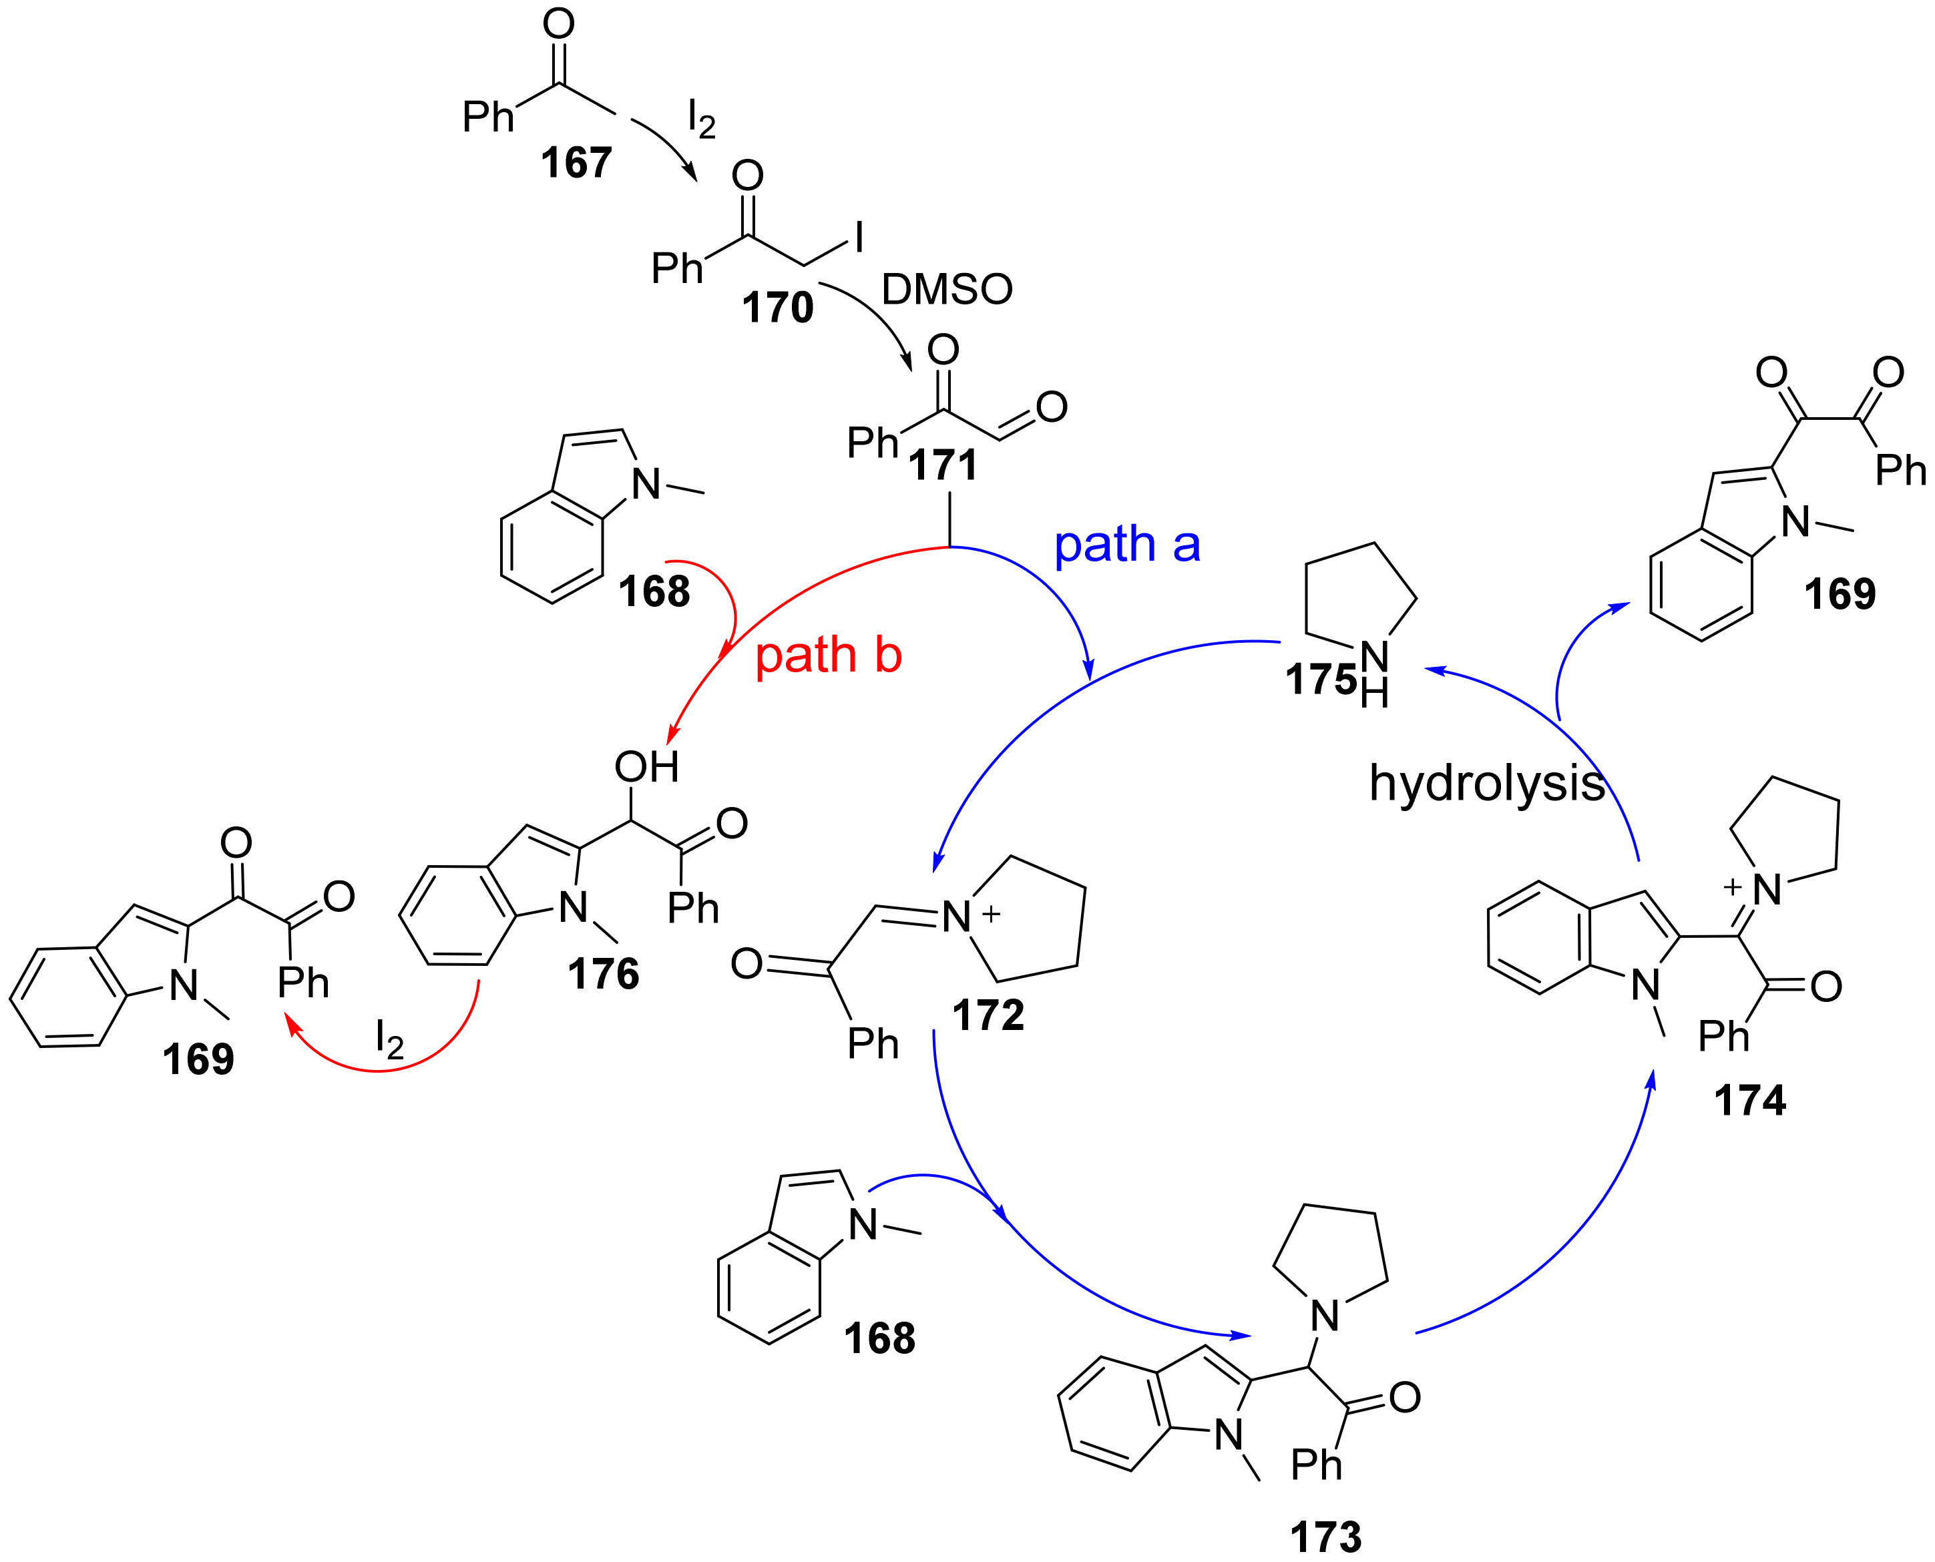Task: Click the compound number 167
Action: point(576,163)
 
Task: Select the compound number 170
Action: point(778,308)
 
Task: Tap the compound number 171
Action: point(942,465)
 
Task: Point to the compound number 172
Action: point(988,1016)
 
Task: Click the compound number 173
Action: point(1325,1537)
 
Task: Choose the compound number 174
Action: point(1749,1101)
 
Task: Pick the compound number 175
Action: point(1320,680)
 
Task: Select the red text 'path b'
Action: point(828,654)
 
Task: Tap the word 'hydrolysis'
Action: point(1487,783)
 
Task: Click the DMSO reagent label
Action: point(947,290)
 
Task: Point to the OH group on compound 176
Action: point(646,766)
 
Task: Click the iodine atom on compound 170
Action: point(859,238)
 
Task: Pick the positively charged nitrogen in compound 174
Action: point(1767,890)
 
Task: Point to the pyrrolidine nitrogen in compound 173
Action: point(1325,1316)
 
